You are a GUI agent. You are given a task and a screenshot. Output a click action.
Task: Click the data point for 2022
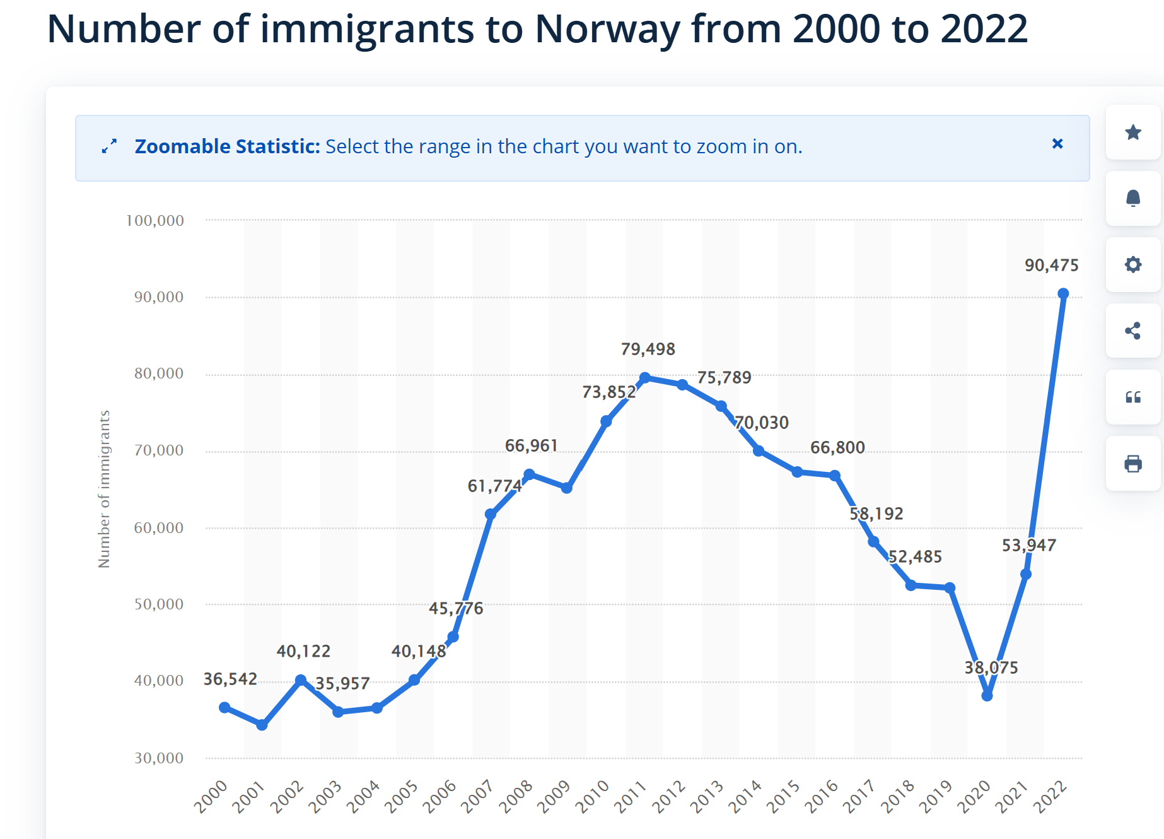pyautogui.click(x=1063, y=293)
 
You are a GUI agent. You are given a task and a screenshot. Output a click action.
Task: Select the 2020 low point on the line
pyautogui.click(x=987, y=695)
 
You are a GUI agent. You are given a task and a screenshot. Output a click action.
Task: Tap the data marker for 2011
pyautogui.click(x=644, y=378)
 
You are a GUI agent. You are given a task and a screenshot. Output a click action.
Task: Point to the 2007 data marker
pyautogui.click(x=491, y=514)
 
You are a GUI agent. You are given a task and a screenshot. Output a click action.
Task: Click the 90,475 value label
pyautogui.click(x=1051, y=265)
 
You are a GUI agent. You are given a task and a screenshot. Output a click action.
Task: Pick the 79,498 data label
pyautogui.click(x=648, y=349)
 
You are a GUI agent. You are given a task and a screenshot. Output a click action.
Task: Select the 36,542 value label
pyautogui.click(x=230, y=679)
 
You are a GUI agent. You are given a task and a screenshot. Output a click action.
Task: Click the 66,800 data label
pyautogui.click(x=837, y=447)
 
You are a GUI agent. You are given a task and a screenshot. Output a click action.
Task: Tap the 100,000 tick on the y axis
pyautogui.click(x=155, y=220)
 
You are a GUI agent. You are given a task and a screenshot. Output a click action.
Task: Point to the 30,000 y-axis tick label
pyautogui.click(x=159, y=758)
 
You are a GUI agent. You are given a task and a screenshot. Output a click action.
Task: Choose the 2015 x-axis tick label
pyautogui.click(x=784, y=796)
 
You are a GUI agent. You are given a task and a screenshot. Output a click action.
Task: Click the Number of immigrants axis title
pyautogui.click(x=104, y=489)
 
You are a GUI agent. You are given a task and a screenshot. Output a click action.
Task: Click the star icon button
pyautogui.click(x=1133, y=132)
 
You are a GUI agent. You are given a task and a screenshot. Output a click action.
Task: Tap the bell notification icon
pyautogui.click(x=1133, y=198)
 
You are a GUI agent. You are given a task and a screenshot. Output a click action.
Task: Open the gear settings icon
pyautogui.click(x=1133, y=264)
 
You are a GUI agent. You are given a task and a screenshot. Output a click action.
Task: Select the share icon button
pyautogui.click(x=1133, y=331)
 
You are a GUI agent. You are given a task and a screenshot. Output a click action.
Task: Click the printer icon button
pyautogui.click(x=1133, y=464)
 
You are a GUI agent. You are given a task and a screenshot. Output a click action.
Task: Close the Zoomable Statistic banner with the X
pyautogui.click(x=1057, y=144)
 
